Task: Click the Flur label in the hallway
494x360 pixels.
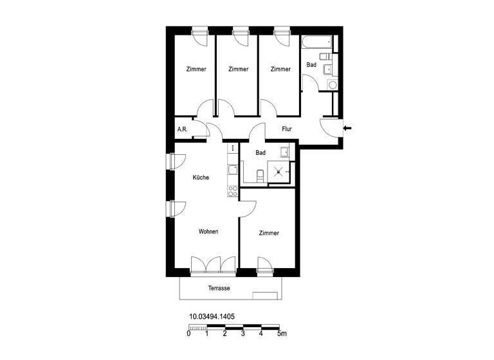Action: coord(287,129)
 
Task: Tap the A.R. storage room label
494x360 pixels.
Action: coord(182,130)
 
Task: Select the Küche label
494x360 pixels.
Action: coord(201,177)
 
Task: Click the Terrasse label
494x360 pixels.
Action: coord(219,288)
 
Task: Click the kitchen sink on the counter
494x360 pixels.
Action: coord(232,170)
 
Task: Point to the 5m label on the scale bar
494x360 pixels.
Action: coord(281,334)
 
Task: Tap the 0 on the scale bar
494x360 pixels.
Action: coord(188,334)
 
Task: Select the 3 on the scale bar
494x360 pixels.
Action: coord(242,334)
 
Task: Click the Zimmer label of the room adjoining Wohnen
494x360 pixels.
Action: coord(269,233)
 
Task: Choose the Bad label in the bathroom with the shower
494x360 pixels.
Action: coord(261,153)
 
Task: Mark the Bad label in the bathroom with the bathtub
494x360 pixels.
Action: coord(311,65)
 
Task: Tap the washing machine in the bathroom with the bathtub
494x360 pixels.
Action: coord(332,84)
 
